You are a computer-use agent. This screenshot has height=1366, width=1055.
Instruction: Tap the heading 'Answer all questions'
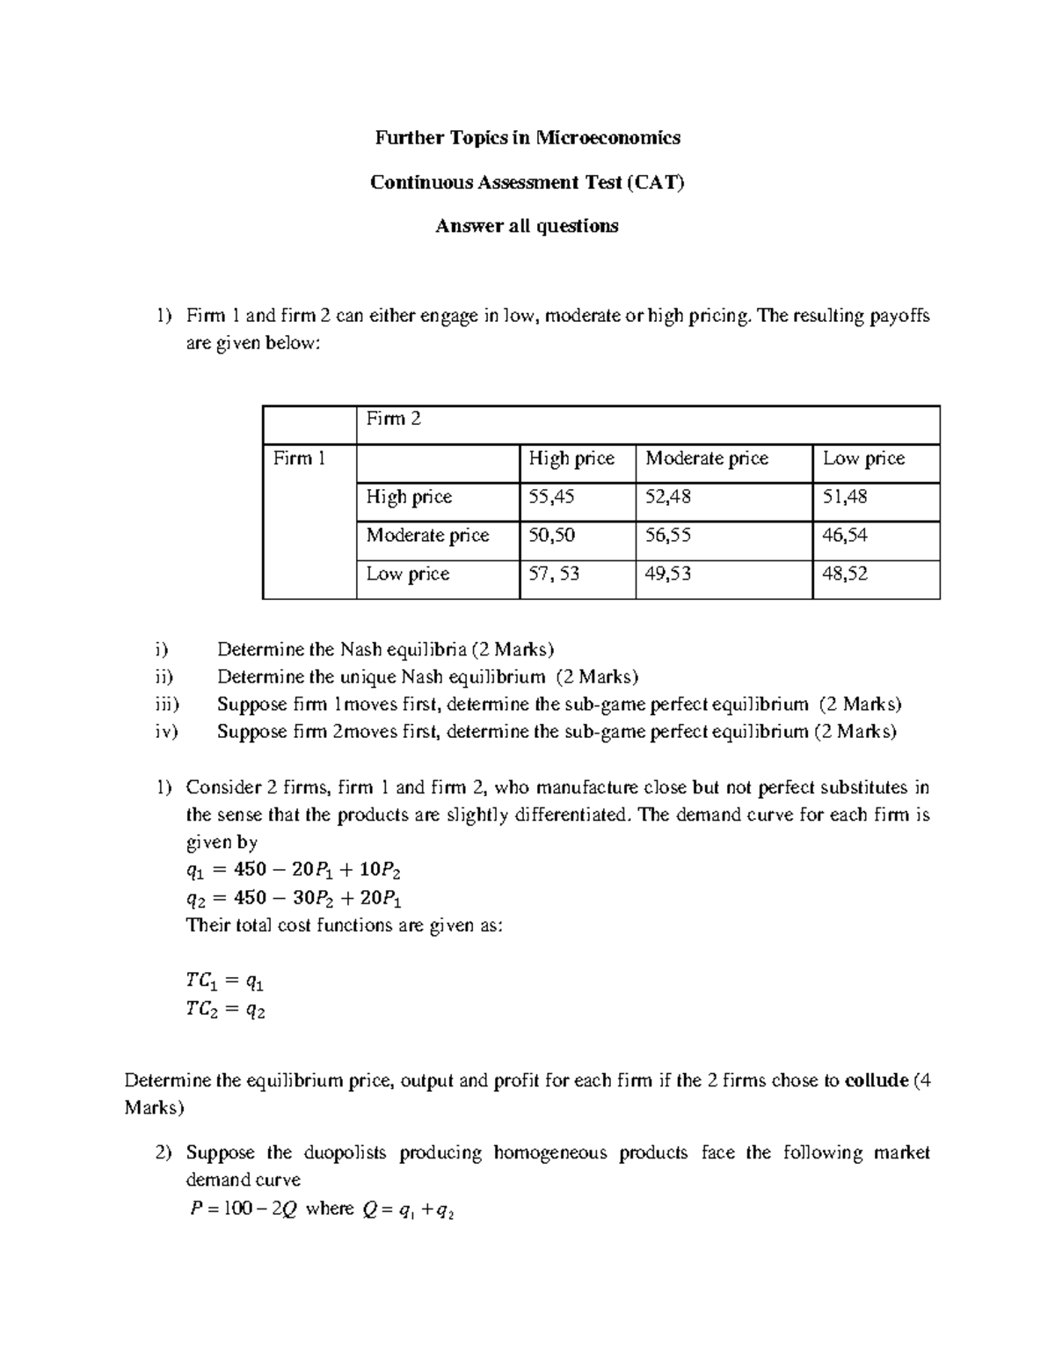coord(527,226)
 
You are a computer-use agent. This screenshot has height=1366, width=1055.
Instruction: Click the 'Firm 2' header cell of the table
coord(393,420)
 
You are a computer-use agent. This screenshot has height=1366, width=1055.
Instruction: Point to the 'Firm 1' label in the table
coord(300,458)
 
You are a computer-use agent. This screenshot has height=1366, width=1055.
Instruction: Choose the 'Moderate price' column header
coord(706,458)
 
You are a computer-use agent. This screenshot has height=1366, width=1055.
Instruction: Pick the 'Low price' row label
coord(407,573)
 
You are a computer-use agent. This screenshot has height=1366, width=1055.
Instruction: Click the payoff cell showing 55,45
coord(550,497)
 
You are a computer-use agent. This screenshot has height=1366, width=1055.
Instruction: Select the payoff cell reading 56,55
coord(667,535)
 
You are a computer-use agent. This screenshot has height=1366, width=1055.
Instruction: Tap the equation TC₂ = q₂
coord(225,1010)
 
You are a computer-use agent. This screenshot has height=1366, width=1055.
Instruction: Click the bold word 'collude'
coord(875,1080)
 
